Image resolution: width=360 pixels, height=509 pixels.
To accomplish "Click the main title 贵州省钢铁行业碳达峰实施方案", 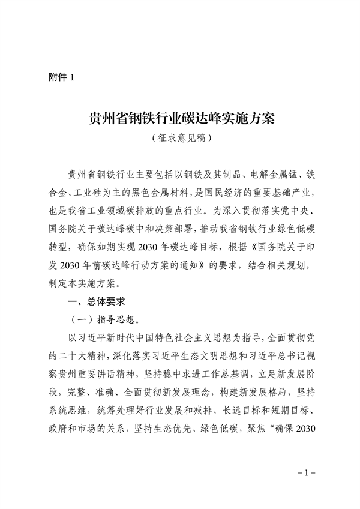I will tap(181, 117).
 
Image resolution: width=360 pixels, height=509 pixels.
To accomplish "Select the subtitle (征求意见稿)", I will tap(181, 138).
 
